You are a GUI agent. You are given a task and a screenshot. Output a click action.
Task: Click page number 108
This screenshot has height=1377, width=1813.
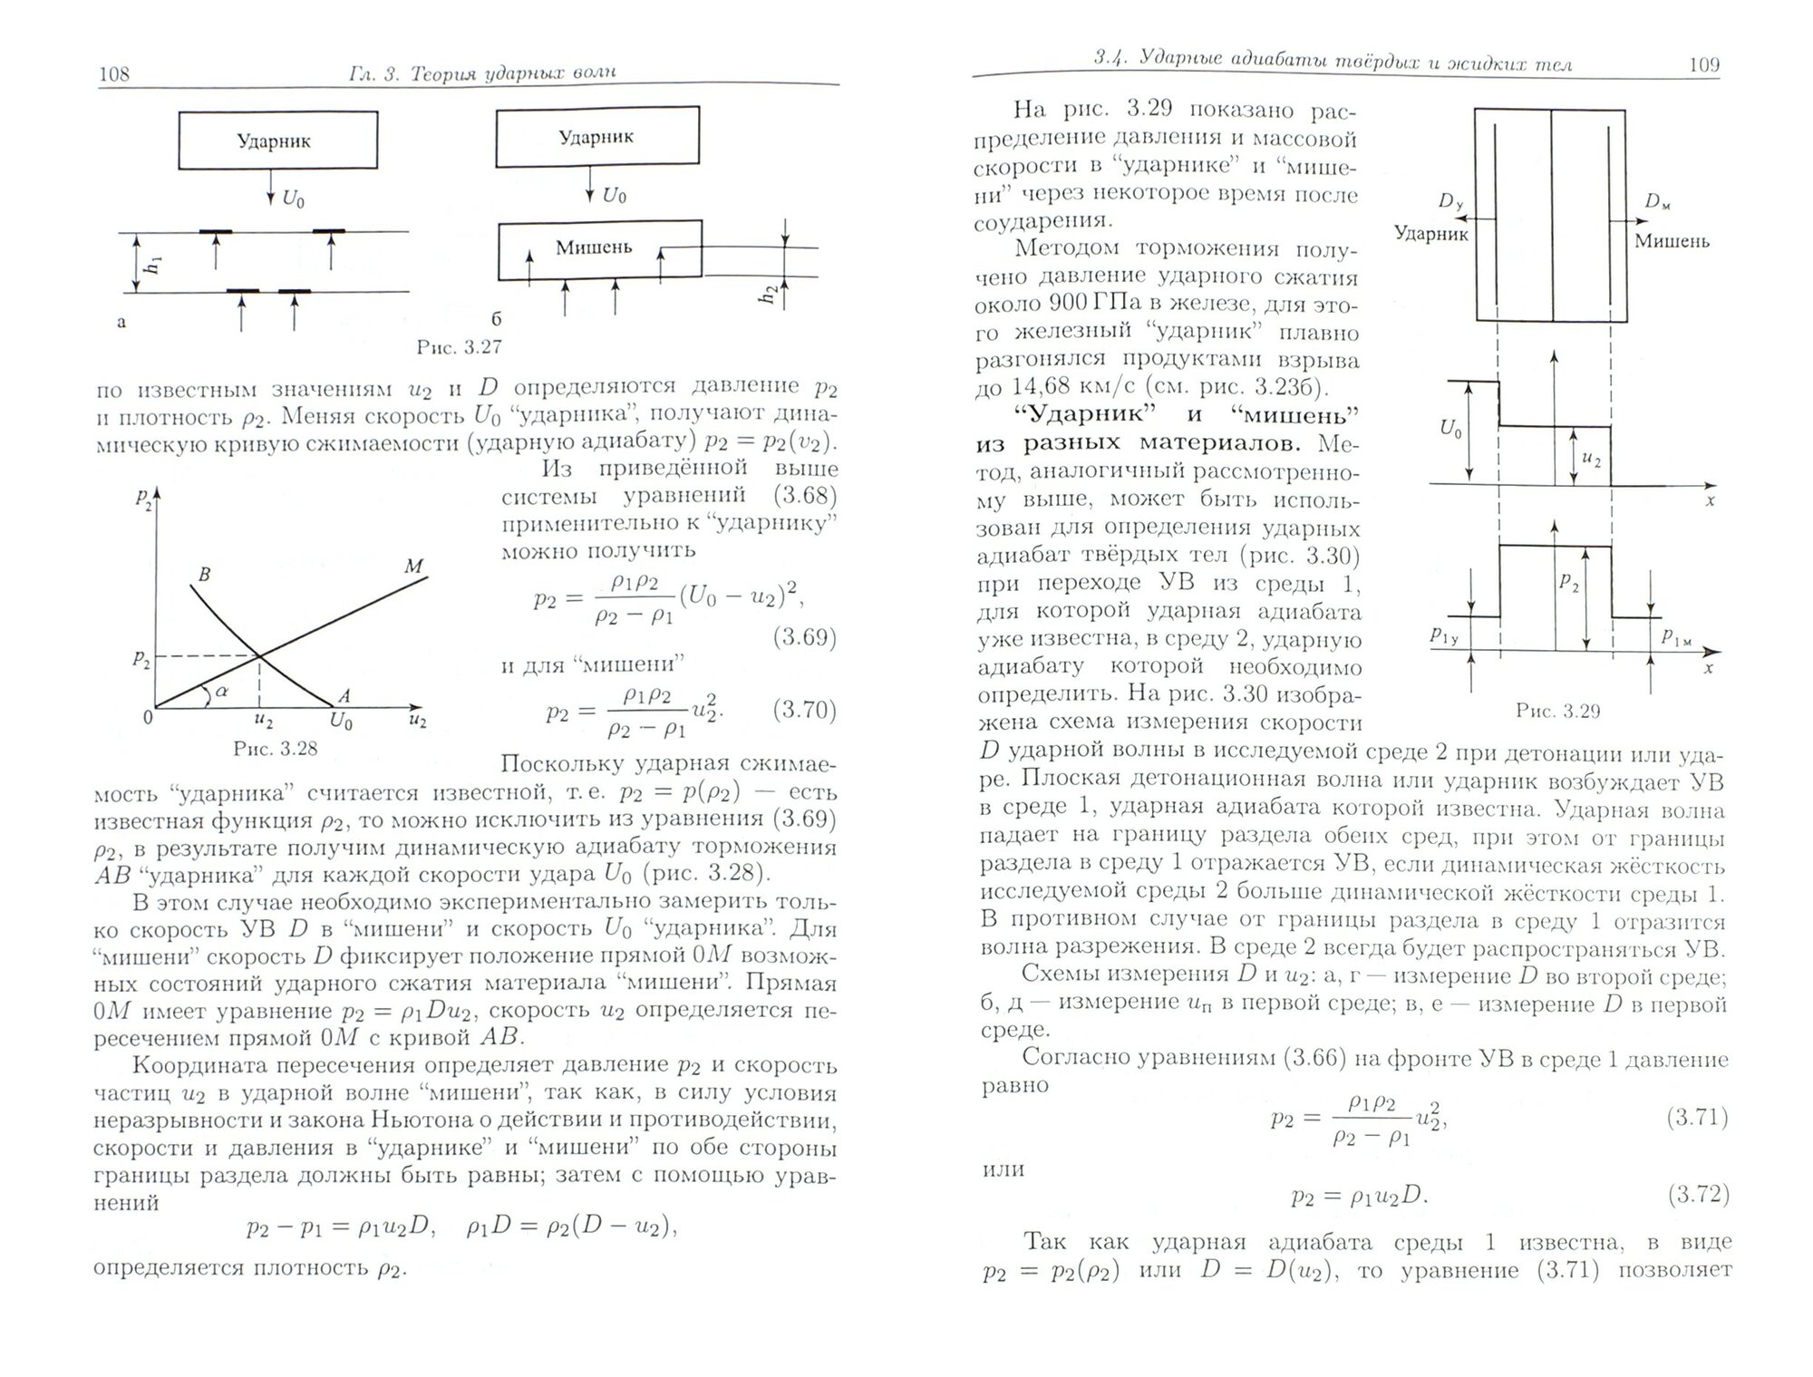(x=114, y=74)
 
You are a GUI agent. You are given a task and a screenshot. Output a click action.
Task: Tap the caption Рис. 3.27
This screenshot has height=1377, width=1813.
(x=459, y=347)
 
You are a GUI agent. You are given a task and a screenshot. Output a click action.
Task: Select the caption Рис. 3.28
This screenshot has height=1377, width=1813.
(x=276, y=749)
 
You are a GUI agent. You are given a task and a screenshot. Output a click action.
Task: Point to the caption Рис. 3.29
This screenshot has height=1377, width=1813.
(x=1557, y=712)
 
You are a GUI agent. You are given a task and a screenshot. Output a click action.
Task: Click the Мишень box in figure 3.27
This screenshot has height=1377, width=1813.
(x=599, y=249)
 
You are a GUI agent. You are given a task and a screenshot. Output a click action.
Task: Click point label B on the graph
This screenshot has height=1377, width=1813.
(x=204, y=575)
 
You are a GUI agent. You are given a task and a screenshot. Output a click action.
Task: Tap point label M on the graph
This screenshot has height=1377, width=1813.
(x=413, y=567)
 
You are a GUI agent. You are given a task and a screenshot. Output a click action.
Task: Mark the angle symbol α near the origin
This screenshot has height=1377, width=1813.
(x=222, y=691)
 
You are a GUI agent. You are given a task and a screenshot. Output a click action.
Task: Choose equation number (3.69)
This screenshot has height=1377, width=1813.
(x=805, y=637)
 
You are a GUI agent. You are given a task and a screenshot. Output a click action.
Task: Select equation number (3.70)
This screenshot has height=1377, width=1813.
(x=805, y=710)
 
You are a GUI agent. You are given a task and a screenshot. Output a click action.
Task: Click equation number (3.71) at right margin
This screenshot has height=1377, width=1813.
(x=1697, y=1118)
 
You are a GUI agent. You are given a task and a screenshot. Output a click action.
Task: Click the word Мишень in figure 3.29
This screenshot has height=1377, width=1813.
(x=1672, y=242)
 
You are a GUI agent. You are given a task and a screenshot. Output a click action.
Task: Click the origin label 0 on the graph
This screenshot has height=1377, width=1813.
(x=148, y=717)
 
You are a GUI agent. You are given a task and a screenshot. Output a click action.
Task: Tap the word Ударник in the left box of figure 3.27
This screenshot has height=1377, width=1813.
(x=274, y=141)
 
